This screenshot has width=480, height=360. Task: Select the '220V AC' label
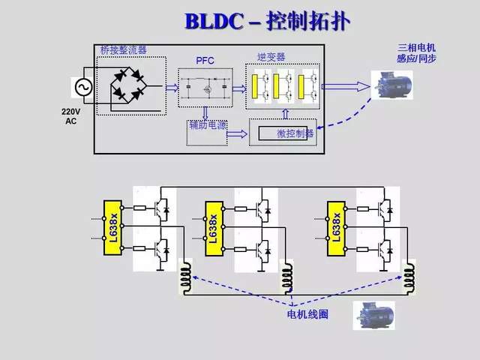coord(70,115)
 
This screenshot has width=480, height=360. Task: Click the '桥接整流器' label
coord(123,50)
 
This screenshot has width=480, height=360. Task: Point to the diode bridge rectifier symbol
coord(129,85)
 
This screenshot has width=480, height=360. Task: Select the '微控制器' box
coord(284,133)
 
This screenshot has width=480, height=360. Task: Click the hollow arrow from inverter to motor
coord(355,86)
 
